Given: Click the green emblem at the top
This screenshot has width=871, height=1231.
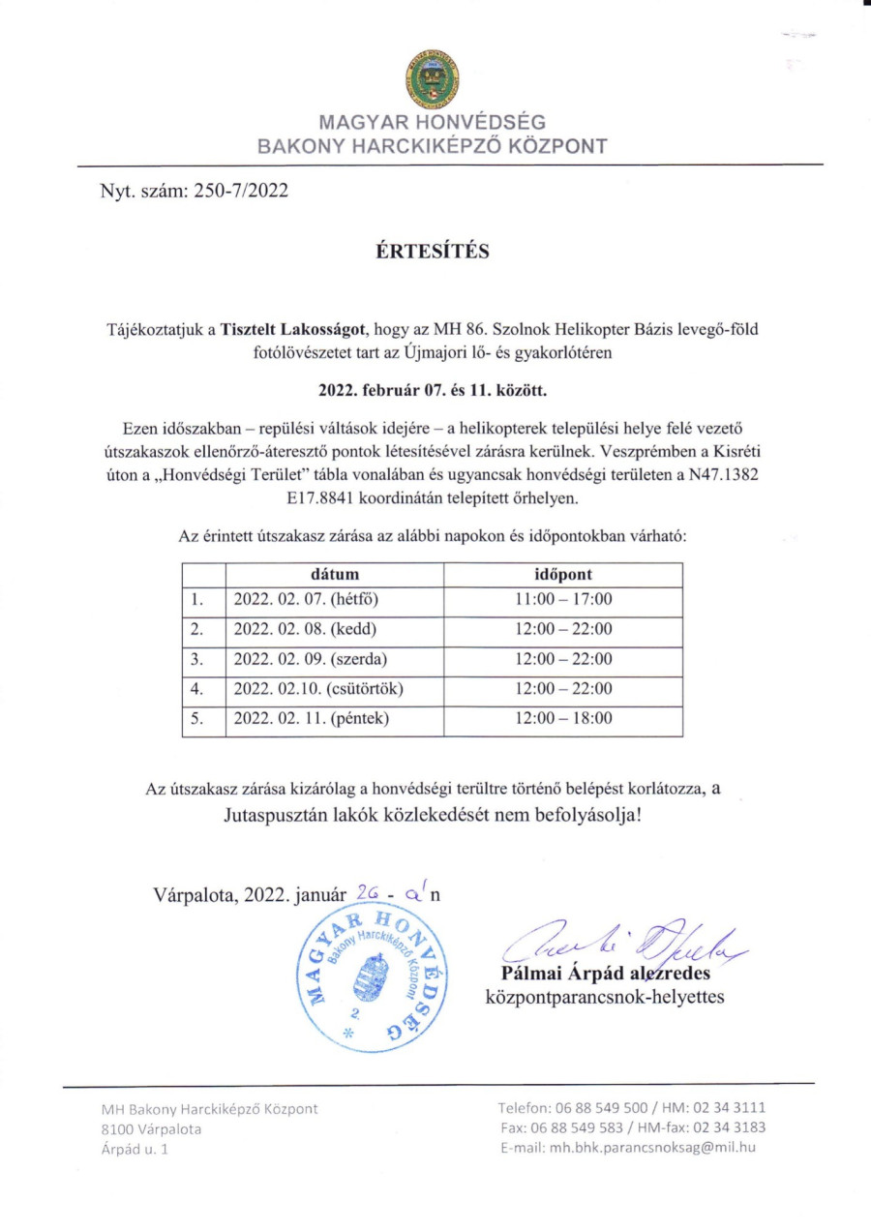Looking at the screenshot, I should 433,78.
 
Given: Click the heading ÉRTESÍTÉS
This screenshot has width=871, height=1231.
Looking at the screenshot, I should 434,252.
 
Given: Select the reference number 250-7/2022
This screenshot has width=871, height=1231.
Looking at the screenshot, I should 240,191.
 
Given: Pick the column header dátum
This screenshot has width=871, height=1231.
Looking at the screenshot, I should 335,574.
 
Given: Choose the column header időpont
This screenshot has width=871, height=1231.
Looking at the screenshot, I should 563,574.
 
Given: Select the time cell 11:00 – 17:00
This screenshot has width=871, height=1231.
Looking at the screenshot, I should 563,600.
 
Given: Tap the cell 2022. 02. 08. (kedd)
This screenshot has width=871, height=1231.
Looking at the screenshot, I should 298,630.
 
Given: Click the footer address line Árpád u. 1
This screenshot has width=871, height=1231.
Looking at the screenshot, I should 135,1149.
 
